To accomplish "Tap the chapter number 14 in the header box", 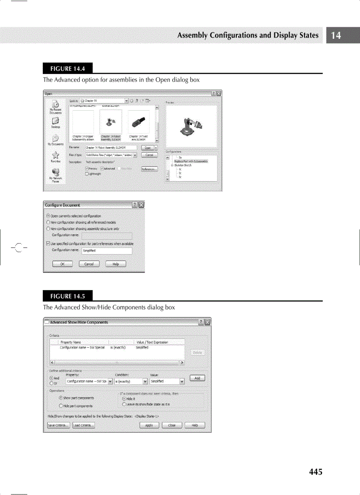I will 336,36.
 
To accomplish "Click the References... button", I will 149,168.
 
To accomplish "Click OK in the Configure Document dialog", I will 62,264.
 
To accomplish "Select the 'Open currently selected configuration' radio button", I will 48,216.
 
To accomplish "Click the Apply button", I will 149,425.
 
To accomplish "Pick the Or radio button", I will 52,383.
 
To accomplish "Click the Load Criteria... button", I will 83,425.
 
